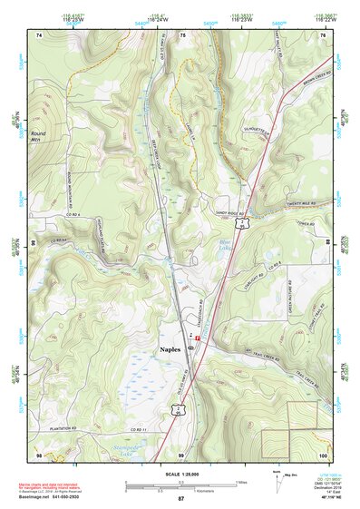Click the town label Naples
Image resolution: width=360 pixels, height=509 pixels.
164,348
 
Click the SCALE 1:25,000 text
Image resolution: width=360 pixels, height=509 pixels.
180,475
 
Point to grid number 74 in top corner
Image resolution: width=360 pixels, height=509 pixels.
39,34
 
